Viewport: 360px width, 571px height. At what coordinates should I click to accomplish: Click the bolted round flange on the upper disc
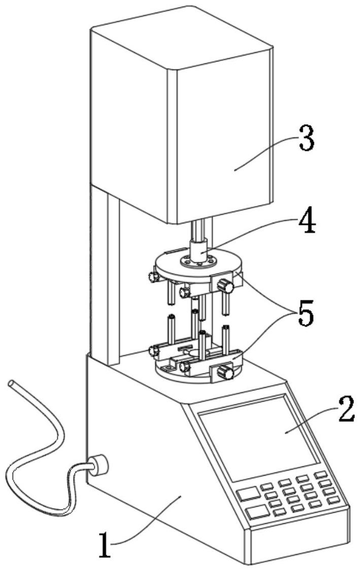(x=197, y=261)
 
